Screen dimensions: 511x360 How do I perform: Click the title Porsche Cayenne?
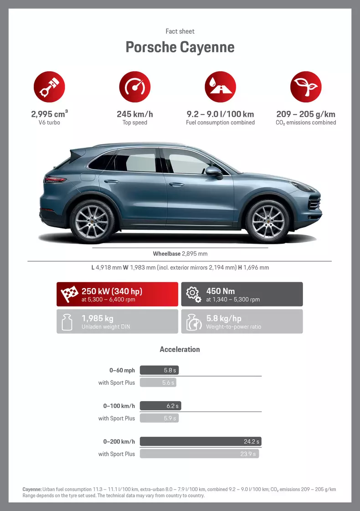pyautogui.click(x=180, y=47)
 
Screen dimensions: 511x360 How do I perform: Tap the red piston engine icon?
pyautogui.click(x=49, y=87)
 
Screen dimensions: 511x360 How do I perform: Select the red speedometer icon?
pyautogui.click(x=134, y=87)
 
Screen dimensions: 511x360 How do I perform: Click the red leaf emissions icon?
pyautogui.click(x=306, y=87)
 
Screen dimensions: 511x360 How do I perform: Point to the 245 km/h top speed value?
pyautogui.click(x=134, y=114)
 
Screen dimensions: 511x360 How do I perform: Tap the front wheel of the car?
pyautogui.click(x=267, y=220)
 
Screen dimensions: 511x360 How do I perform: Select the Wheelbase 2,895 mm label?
pyautogui.click(x=180, y=253)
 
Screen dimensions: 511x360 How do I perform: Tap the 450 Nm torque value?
pyautogui.click(x=220, y=290)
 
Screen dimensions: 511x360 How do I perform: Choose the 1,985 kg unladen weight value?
pyautogui.click(x=97, y=318)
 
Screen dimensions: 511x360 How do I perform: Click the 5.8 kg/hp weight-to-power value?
pyautogui.click(x=223, y=318)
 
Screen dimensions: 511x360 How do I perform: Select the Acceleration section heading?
pyautogui.click(x=180, y=349)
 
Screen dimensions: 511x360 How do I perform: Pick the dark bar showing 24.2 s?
pyautogui.click(x=201, y=441)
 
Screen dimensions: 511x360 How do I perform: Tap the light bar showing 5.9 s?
pyautogui.click(x=159, y=418)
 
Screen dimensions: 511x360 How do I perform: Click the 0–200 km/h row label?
pyautogui.click(x=119, y=441)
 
